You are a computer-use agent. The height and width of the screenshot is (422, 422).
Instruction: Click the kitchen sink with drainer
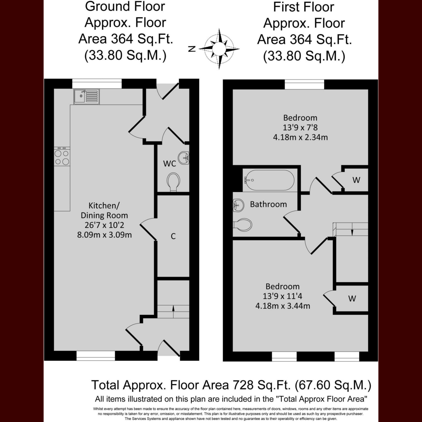pos(87,96)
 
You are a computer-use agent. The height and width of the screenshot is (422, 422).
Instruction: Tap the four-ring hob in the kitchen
pos(62,156)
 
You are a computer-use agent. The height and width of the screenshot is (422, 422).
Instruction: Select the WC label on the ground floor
pos(170,164)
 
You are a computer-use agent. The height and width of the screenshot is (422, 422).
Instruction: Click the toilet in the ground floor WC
pos(173,182)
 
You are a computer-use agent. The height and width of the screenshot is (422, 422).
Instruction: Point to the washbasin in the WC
pos(184,158)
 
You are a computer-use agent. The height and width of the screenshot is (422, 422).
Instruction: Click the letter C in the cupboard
pos(173,236)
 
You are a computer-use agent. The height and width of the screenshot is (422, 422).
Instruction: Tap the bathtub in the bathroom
pos(270,180)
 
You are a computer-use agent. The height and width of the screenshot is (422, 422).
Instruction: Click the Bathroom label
pos(268,204)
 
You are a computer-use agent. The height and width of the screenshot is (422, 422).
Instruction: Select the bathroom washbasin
pos(238,205)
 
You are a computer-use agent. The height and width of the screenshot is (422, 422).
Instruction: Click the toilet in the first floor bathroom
pos(242,225)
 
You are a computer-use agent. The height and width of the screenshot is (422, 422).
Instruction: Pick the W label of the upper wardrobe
pos(356,180)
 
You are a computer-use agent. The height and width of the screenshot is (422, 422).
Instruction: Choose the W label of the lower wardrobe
pos(352,298)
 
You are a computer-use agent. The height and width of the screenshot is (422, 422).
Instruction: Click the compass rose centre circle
pos(219,49)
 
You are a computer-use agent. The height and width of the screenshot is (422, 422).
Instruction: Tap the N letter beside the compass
pos(192,49)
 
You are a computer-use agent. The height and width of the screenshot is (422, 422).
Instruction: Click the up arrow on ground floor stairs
pos(173,311)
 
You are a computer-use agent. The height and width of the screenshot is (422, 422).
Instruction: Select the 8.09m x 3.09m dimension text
pos(104,235)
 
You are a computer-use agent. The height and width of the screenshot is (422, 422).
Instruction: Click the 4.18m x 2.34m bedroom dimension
pos(300,137)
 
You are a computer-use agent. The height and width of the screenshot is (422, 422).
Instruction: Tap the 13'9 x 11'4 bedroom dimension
pos(282,296)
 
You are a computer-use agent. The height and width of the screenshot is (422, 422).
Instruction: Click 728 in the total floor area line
pos(241,391)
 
